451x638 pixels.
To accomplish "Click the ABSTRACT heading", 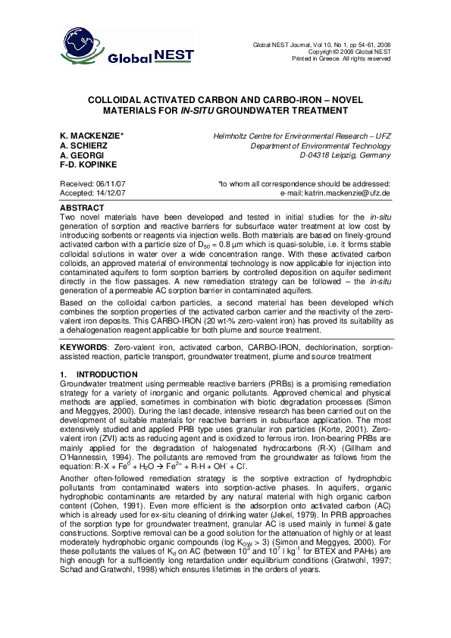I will (83, 207).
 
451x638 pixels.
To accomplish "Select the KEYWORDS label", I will (83, 347).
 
